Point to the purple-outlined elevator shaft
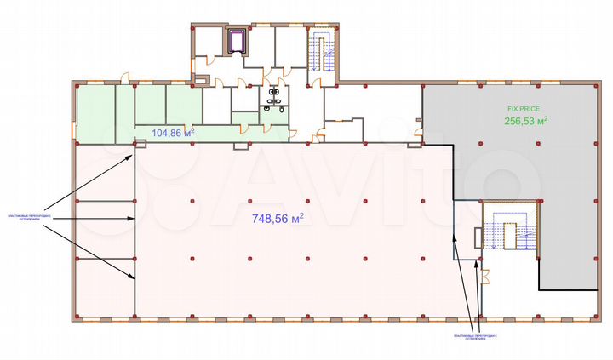[x=238, y=41]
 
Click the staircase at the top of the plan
[x=324, y=51]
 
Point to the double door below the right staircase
[x=485, y=275]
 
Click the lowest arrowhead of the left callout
[x=133, y=277]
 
